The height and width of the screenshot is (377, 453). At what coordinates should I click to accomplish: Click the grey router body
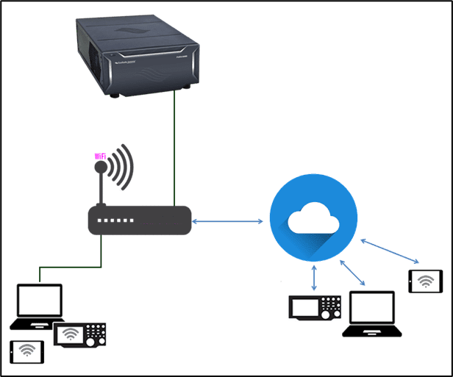tap(140, 220)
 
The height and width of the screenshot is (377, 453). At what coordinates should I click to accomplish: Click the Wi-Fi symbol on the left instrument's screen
tap(71, 335)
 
